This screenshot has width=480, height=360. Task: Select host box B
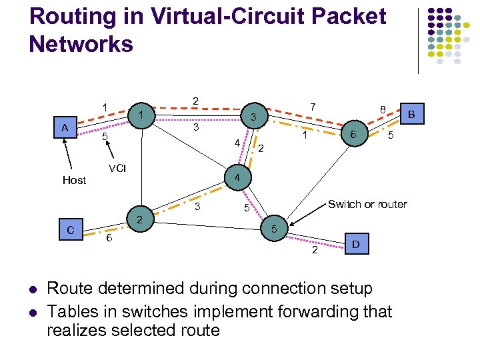tap(411, 115)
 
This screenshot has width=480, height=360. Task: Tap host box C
tap(70, 231)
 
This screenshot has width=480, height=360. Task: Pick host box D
tap(355, 245)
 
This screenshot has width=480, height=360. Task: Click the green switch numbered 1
tap(141, 115)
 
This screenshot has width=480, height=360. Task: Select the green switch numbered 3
tap(253, 117)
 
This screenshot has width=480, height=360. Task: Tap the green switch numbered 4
tap(237, 178)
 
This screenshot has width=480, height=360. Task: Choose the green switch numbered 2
tap(139, 220)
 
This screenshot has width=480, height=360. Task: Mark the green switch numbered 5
tap(274, 229)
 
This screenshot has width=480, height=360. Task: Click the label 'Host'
tap(74, 180)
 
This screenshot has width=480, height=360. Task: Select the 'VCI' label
tap(117, 166)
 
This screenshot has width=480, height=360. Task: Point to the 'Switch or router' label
tap(367, 204)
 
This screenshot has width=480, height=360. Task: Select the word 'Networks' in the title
tap(81, 44)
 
